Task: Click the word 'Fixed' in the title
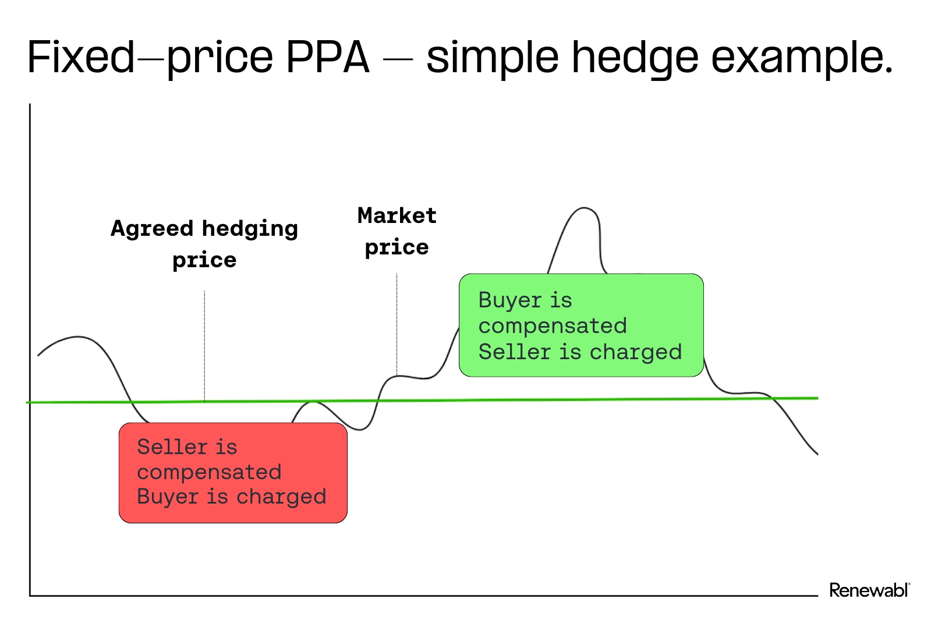click(x=81, y=57)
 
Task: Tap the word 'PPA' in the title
click(x=327, y=57)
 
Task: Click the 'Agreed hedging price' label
click(x=204, y=244)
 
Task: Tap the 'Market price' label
click(x=397, y=231)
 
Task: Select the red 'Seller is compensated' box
click(x=233, y=473)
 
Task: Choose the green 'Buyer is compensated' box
click(x=581, y=325)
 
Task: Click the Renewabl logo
click(x=869, y=590)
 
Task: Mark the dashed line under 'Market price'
click(x=397, y=324)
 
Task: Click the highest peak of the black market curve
click(x=583, y=208)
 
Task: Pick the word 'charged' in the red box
click(x=281, y=497)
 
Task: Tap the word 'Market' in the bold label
click(x=397, y=216)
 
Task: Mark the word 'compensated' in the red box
click(x=209, y=472)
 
